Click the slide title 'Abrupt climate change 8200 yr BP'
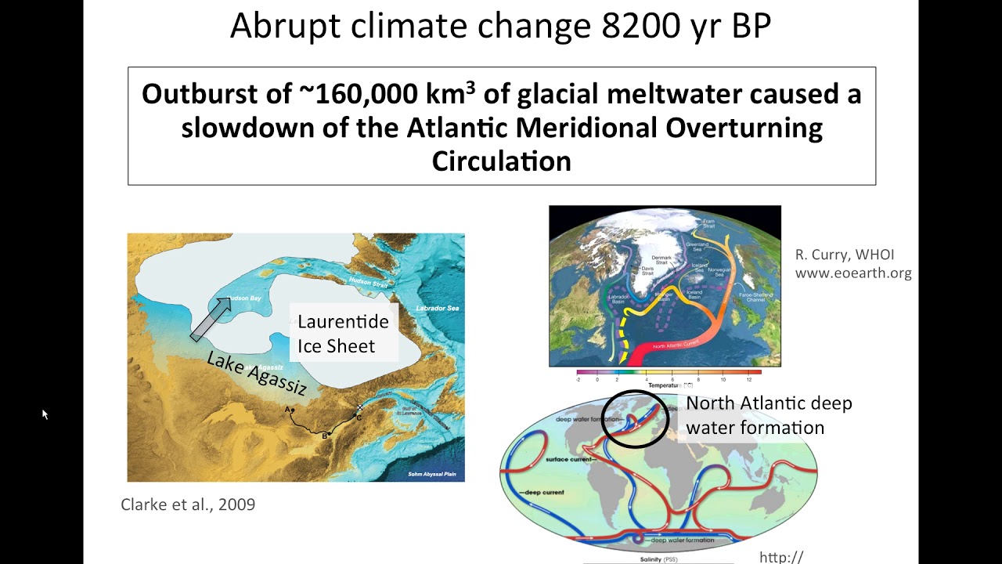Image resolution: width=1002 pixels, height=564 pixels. (500, 26)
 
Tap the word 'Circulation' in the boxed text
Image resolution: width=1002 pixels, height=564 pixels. (501, 161)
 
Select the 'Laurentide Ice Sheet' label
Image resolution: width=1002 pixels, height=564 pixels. (343, 334)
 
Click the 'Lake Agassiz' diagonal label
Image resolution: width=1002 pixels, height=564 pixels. (256, 373)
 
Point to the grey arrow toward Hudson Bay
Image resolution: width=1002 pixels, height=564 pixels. (211, 319)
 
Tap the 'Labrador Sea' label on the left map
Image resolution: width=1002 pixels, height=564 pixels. (437, 308)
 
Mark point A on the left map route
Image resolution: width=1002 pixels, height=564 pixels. (290, 410)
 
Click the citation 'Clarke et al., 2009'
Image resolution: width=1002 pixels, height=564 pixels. (188, 504)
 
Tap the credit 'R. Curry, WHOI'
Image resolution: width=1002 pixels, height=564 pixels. (844, 255)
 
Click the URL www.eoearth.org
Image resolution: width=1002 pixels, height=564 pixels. (853, 273)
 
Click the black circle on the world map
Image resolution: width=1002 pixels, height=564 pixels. (635, 418)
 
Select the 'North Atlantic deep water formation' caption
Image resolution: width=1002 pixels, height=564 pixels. (768, 415)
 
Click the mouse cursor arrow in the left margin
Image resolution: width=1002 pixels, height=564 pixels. (45, 414)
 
